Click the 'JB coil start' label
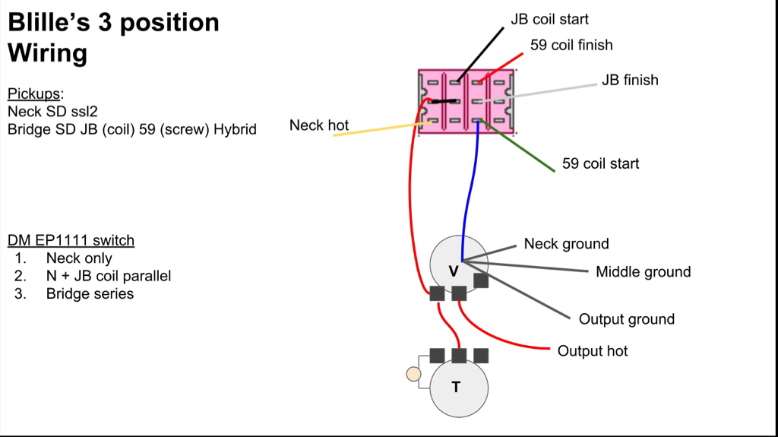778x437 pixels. (x=549, y=19)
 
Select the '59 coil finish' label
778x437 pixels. (x=571, y=45)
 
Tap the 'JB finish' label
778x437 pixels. (x=630, y=80)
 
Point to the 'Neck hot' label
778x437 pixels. (x=319, y=125)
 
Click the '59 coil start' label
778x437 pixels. (x=600, y=163)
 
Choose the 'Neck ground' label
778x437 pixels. (x=566, y=244)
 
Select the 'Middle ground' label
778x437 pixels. (x=643, y=271)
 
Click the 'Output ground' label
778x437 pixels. (x=626, y=319)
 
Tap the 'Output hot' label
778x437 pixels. (x=593, y=351)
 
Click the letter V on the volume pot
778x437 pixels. (x=454, y=271)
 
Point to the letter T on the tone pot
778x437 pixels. (x=456, y=387)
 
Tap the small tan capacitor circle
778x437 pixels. (x=413, y=373)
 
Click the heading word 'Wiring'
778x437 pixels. (x=47, y=53)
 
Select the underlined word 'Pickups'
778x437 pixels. (x=34, y=94)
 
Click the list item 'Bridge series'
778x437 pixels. (x=90, y=293)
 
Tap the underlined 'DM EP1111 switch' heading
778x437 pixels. (x=71, y=241)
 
